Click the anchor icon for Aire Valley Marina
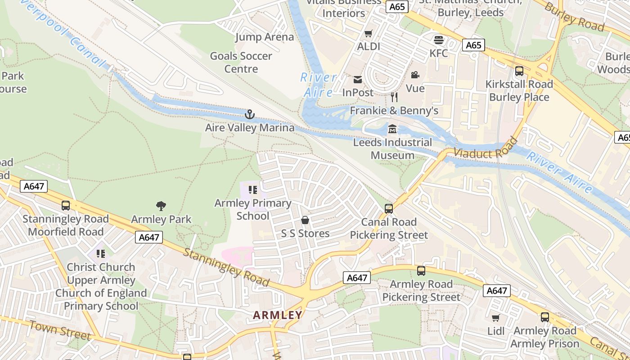[250, 114]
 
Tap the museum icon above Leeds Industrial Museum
[392, 129]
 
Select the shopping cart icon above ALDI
[369, 33]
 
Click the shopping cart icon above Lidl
[495, 318]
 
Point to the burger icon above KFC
[439, 40]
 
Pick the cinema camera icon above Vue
[415, 75]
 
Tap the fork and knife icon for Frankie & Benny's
[394, 97]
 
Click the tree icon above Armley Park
[161, 206]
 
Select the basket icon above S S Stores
[305, 220]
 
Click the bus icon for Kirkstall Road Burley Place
[519, 71]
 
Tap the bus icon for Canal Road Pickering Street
[389, 209]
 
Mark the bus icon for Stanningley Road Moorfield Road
[66, 206]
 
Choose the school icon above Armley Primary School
[252, 190]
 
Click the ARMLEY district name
[278, 315]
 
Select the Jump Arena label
[265, 37]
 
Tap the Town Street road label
[60, 330]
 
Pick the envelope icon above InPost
[358, 80]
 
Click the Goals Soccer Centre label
[241, 63]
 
